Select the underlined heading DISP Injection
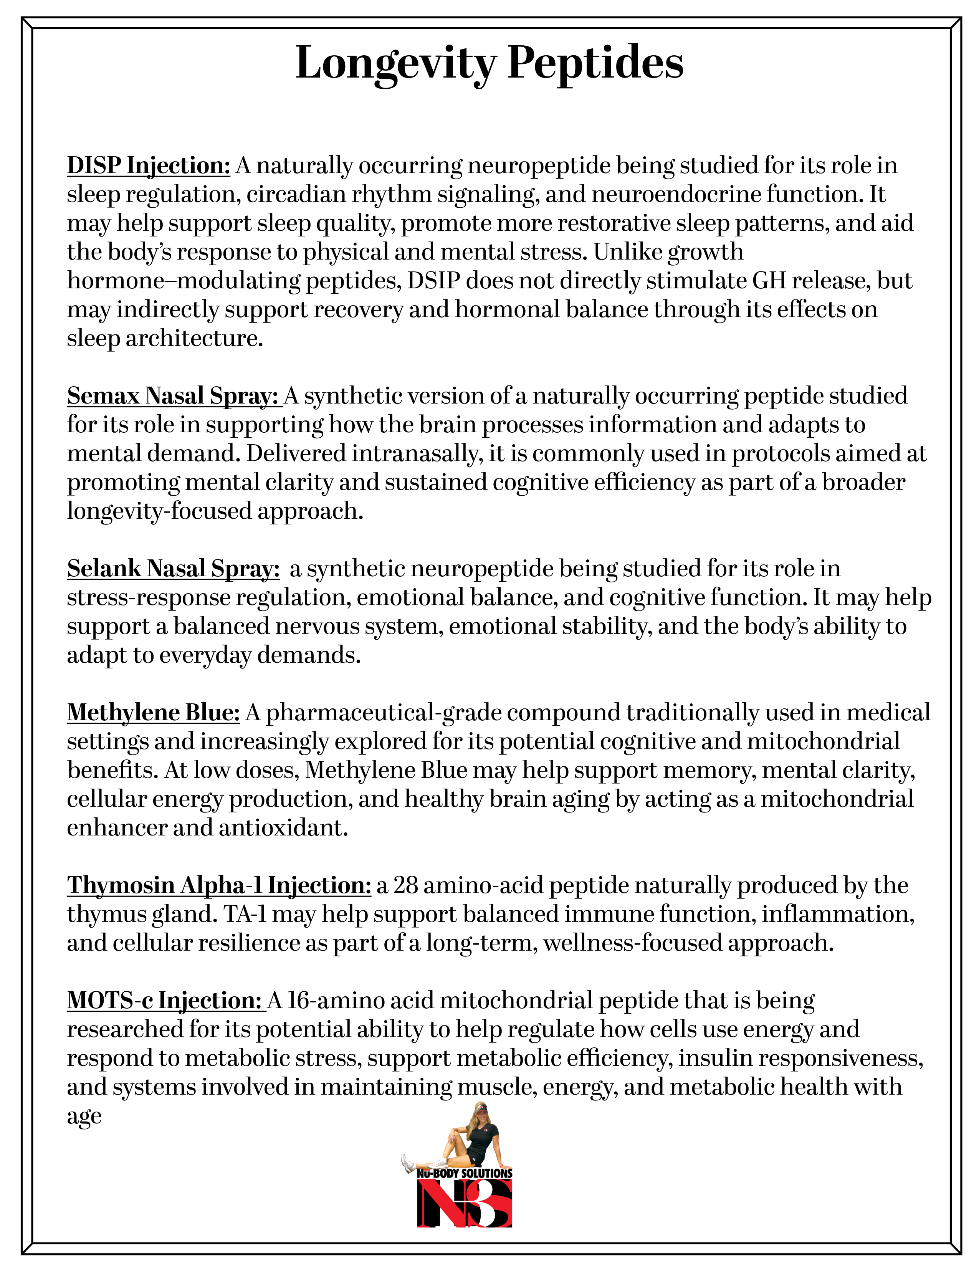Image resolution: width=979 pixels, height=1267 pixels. pyautogui.click(x=149, y=166)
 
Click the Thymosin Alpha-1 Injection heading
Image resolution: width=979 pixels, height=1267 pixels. pyautogui.click(x=219, y=886)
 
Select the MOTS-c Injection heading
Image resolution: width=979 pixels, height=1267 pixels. pyautogui.click(x=165, y=1001)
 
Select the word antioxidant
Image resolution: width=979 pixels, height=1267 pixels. pyautogui.click(x=284, y=828)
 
